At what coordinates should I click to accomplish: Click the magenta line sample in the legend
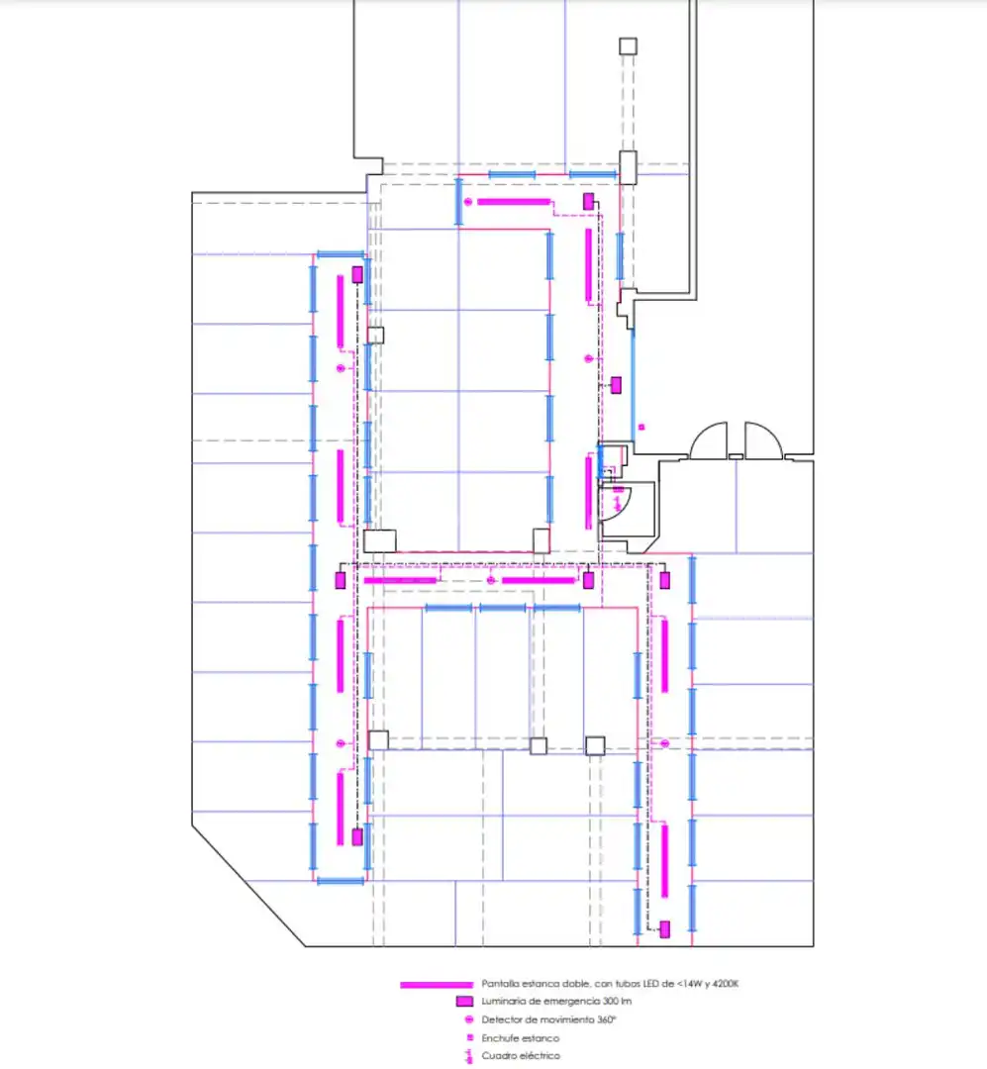tap(437, 985)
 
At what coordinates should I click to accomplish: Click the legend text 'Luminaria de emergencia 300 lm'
tap(556, 1002)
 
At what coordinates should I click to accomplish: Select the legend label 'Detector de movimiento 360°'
tap(549, 1020)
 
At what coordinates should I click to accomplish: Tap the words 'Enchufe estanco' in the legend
tap(521, 1038)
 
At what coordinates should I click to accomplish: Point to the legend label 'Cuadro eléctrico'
tap(521, 1056)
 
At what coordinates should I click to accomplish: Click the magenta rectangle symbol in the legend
tap(464, 1002)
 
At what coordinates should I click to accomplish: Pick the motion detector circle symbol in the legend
tap(469, 1020)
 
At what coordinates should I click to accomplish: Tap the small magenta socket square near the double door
tap(642, 428)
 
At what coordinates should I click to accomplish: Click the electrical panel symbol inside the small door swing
tap(618, 504)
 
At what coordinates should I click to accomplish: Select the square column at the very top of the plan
tap(629, 47)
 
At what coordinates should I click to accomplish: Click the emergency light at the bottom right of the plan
tap(664, 929)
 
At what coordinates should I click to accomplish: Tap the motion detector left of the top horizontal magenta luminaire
tap(468, 202)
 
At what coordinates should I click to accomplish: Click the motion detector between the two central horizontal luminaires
tap(490, 580)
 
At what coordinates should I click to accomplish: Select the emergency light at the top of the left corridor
tap(356, 275)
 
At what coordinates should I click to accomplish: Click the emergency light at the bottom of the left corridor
tap(356, 837)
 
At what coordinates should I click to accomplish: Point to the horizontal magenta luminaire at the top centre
tap(514, 202)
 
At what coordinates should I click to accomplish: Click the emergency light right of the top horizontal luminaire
tap(589, 201)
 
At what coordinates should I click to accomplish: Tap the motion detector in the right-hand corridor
tap(664, 743)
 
